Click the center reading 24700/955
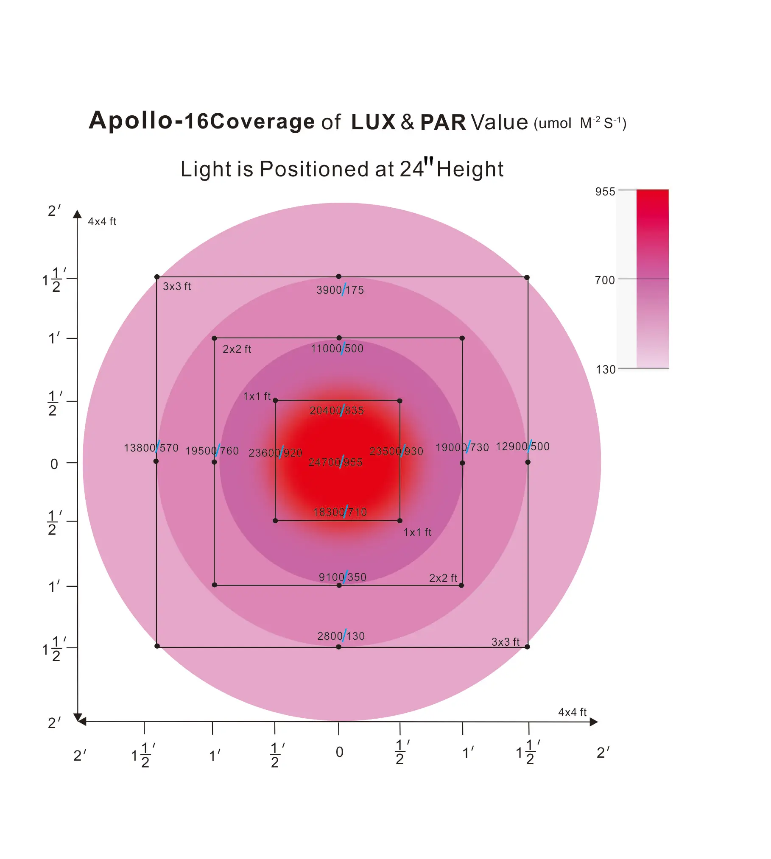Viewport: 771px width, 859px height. (335, 462)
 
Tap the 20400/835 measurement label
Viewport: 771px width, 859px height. (337, 410)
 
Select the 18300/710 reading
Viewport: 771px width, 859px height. (340, 512)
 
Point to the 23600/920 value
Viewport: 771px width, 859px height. (275, 453)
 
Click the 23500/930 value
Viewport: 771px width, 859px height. (396, 451)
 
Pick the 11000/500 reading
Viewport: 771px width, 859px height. (337, 349)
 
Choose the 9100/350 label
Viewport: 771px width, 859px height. (343, 577)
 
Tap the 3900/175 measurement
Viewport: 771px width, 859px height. (340, 290)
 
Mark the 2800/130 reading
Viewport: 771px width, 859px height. (341, 636)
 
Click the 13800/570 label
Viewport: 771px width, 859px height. (151, 448)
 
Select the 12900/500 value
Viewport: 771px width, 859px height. (522, 446)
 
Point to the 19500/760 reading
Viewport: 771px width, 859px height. (212, 451)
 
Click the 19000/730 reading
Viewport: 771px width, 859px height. (462, 447)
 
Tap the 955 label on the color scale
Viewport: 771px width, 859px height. (605, 192)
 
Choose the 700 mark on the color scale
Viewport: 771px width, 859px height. (605, 280)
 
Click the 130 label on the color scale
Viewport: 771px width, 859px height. (605, 370)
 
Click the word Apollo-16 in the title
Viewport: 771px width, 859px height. (148, 120)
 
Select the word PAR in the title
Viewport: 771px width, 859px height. (443, 122)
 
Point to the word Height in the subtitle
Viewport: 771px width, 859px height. (470, 169)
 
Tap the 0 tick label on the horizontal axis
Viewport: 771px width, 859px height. (339, 752)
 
